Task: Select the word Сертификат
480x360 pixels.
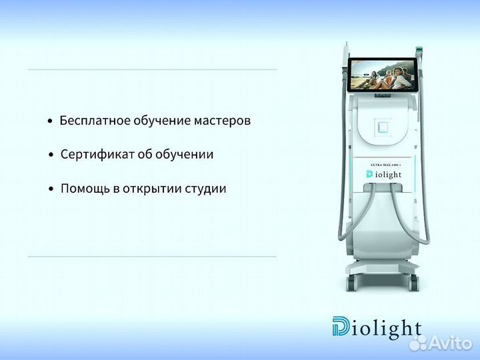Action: point(91,154)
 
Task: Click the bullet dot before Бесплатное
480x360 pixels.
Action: point(50,122)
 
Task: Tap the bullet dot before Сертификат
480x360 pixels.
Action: point(51,155)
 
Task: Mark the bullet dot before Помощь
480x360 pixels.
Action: point(51,190)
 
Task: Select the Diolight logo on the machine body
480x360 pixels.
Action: point(383,175)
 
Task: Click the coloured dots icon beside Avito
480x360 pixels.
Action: point(418,343)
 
